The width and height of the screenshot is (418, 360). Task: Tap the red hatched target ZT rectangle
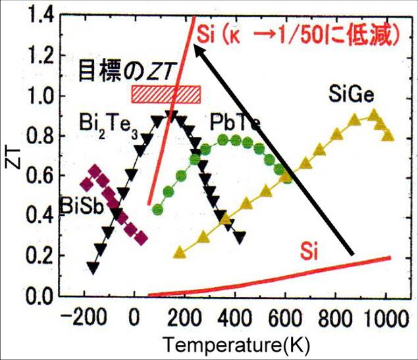pyautogui.click(x=166, y=93)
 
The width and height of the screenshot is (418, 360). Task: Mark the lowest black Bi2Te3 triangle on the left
pyautogui.click(x=93, y=267)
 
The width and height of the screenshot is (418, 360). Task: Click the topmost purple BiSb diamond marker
pyautogui.click(x=96, y=172)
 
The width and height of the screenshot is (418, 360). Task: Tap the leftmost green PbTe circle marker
pyautogui.click(x=157, y=209)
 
